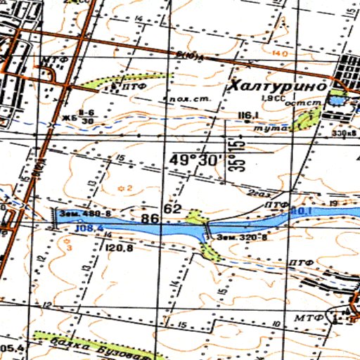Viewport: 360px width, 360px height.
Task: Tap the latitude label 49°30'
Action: click(194, 160)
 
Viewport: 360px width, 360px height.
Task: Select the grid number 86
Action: click(149, 219)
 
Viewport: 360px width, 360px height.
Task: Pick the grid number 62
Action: click(173, 209)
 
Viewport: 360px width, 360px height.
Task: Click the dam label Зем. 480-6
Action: click(85, 212)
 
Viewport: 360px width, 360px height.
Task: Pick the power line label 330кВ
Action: click(344, 132)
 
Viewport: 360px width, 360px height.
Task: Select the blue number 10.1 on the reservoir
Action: click(302, 210)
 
